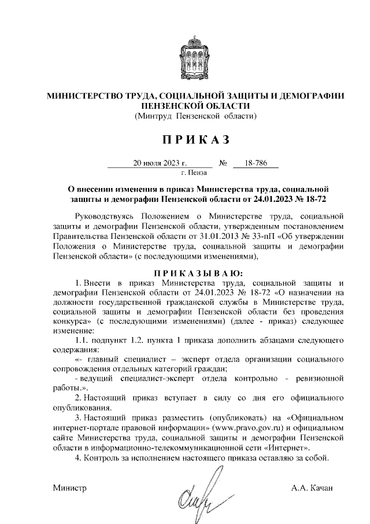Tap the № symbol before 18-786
(223, 163)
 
